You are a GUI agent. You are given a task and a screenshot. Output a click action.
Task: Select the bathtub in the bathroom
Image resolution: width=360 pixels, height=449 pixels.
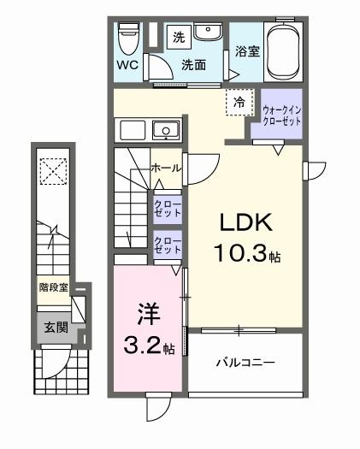(283, 50)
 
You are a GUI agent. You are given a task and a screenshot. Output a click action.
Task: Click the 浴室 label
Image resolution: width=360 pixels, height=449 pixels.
(247, 51)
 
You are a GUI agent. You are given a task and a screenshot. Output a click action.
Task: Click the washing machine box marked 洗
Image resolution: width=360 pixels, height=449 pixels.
(179, 37)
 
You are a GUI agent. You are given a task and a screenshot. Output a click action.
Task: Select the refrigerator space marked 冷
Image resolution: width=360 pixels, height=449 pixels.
(239, 103)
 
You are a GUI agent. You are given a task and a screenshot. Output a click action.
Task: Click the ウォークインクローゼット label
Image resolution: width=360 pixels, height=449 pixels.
(280, 115)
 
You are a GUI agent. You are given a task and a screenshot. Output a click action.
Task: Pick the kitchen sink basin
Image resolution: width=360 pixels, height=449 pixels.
(164, 130)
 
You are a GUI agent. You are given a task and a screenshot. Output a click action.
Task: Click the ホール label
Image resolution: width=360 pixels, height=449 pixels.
(166, 168)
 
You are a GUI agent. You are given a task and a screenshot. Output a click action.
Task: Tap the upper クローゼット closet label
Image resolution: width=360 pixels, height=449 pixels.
(167, 209)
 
